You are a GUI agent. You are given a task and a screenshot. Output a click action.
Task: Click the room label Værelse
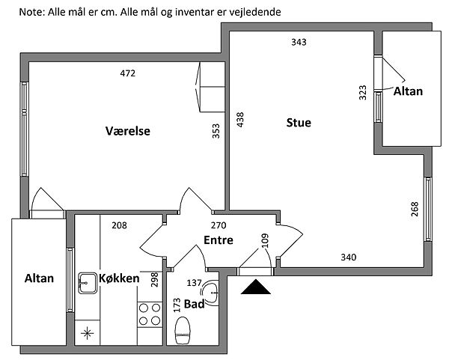coord(128,131)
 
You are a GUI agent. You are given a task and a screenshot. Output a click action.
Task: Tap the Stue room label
coord(299,122)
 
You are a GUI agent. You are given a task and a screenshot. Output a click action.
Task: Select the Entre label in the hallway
coord(219,240)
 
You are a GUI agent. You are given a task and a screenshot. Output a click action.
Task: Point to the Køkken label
coord(119,278)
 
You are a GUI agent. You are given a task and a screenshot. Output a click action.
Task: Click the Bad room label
coord(195,304)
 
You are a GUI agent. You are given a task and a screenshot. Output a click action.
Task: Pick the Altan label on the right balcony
coord(408,91)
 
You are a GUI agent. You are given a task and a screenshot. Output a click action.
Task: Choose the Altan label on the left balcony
coord(39,278)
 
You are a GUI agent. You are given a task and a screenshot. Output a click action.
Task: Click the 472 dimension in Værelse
coord(128,73)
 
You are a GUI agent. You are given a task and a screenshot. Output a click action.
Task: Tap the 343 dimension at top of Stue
coord(299,42)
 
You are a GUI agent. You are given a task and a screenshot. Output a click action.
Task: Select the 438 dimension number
coord(240,120)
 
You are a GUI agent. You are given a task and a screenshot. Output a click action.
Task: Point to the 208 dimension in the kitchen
coord(119,225)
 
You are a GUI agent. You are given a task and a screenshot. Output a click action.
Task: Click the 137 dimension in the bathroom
coord(194,283)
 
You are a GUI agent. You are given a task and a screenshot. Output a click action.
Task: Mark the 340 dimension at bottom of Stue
coord(349,257)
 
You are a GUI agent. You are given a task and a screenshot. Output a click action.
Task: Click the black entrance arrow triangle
coord(256,287)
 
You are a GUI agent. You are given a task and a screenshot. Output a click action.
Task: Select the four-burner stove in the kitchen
coord(149,314)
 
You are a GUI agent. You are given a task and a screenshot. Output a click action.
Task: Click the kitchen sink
coord(85,283)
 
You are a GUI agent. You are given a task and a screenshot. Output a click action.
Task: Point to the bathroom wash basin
coord(213,293)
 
